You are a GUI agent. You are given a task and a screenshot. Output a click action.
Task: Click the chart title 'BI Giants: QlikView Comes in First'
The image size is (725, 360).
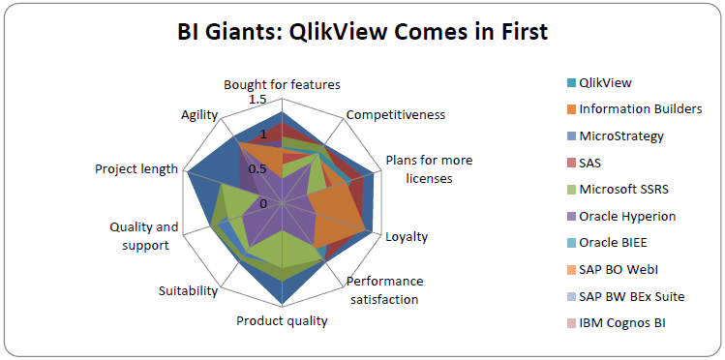362,33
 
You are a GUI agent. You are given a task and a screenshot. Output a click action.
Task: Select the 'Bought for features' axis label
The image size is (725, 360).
282,84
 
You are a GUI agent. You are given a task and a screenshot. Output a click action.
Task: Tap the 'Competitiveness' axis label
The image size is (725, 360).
396,114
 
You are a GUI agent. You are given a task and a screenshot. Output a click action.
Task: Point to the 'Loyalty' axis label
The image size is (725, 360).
407,236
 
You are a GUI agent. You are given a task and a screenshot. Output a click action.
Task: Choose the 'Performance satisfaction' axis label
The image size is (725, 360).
383,289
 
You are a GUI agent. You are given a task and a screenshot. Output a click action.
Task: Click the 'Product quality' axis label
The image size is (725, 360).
282,320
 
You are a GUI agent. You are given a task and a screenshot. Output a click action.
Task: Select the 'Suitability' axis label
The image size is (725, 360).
188,290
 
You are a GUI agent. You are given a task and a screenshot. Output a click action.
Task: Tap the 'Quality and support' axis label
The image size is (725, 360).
144,236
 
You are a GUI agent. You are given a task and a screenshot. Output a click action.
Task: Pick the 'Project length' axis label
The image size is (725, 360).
136,168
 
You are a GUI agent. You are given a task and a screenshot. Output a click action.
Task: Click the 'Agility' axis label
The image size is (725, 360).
199,114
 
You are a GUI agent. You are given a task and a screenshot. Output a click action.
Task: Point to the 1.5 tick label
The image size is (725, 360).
257,100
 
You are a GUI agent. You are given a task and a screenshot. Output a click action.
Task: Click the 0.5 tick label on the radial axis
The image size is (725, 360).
257,168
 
